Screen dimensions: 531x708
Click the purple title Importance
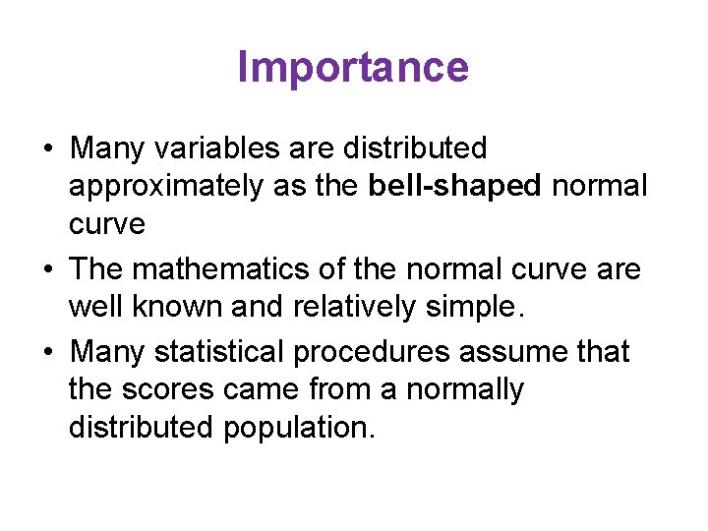click(x=353, y=68)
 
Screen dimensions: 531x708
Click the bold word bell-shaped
click(x=455, y=187)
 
